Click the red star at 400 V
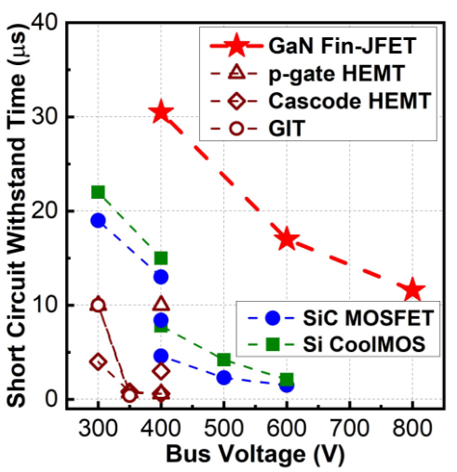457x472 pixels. pyautogui.click(x=161, y=112)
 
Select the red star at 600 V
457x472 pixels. pyautogui.click(x=287, y=239)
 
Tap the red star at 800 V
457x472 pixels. pyautogui.click(x=413, y=291)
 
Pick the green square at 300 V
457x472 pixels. pyautogui.click(x=98, y=192)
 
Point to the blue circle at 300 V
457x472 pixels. pyautogui.click(x=98, y=220)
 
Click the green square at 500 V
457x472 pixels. pyautogui.click(x=223, y=360)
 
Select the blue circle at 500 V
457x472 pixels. pyautogui.click(x=223, y=377)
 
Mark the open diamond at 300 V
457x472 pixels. pyautogui.click(x=98, y=361)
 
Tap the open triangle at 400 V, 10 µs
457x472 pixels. pyautogui.click(x=161, y=304)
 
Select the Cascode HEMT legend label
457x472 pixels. pyautogui.click(x=326, y=100)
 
